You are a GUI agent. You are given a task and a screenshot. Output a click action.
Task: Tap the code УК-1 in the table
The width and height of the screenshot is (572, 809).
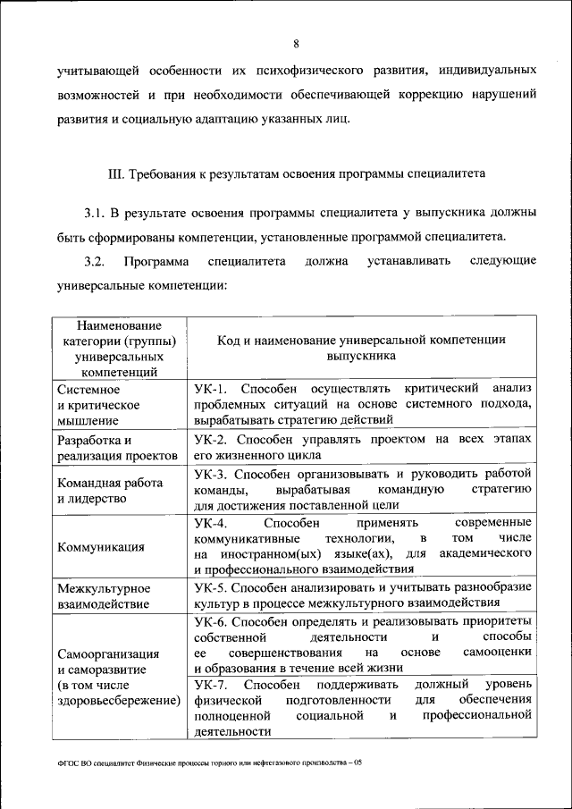(x=210, y=388)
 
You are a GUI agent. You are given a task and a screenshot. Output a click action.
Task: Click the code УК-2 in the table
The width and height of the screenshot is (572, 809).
(x=210, y=439)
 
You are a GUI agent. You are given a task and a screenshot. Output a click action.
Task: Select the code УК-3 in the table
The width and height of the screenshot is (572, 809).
(x=210, y=473)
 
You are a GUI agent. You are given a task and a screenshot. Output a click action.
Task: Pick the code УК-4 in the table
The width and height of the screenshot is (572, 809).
(x=210, y=522)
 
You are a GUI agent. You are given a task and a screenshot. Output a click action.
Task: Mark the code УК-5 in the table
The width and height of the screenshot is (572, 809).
(x=210, y=587)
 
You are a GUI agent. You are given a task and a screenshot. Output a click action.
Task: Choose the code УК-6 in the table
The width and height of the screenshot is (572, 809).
(x=210, y=620)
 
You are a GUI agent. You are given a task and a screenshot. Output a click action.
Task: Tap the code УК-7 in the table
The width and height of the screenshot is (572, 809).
(x=210, y=684)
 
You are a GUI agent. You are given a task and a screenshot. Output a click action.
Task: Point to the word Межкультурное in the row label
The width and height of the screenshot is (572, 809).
(x=103, y=588)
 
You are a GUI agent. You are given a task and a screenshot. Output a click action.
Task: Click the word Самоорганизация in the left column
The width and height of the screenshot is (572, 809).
(x=108, y=653)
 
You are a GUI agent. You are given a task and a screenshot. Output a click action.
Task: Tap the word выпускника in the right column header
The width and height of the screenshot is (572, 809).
(x=360, y=355)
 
